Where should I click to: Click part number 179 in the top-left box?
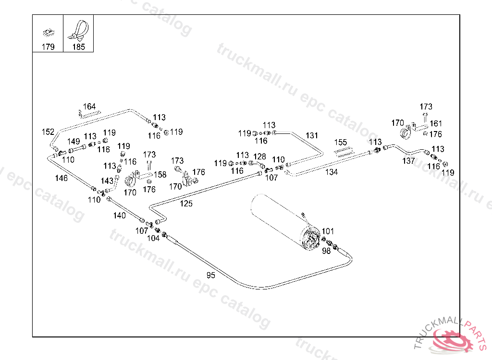coord(48,47)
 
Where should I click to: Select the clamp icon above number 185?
coord(78,30)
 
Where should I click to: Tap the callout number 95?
coord(211,275)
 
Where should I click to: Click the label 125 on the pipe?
coord(186,204)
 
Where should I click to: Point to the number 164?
coord(89,107)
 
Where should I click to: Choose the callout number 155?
coord(341,142)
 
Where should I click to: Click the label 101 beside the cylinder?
coord(328,231)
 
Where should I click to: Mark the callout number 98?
coord(326,251)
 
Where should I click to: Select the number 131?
coord(312,135)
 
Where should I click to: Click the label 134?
coord(332,172)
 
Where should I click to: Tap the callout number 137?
coord(408,161)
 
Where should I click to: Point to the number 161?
coord(436,124)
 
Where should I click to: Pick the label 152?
coord(48,132)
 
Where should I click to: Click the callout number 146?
coord(61,179)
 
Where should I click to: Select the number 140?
coord(120,216)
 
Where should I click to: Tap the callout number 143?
coord(107,181)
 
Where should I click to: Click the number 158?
coord(160,175)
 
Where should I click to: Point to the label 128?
coord(259,156)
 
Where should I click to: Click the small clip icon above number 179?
coord(48,32)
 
